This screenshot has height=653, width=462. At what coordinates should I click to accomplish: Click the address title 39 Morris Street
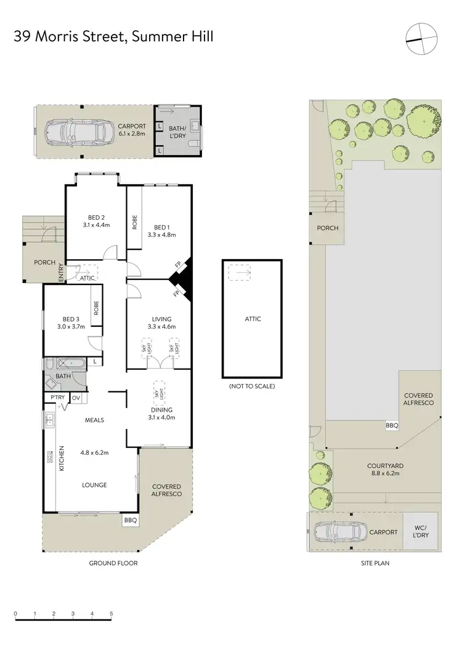[113, 38]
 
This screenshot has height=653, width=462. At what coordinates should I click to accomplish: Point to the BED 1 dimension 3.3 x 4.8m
[162, 234]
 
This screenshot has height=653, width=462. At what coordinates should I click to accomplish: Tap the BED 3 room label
[71, 319]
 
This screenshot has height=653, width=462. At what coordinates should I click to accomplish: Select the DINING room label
[162, 410]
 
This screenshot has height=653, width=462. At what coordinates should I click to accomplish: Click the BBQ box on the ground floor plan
[131, 520]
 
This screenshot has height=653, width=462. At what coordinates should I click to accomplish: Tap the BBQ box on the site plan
[392, 425]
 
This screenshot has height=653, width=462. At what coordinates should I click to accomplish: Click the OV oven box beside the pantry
[77, 398]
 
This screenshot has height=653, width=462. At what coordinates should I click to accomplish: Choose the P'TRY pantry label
[58, 398]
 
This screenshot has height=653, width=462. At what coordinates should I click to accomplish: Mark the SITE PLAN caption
[375, 563]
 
